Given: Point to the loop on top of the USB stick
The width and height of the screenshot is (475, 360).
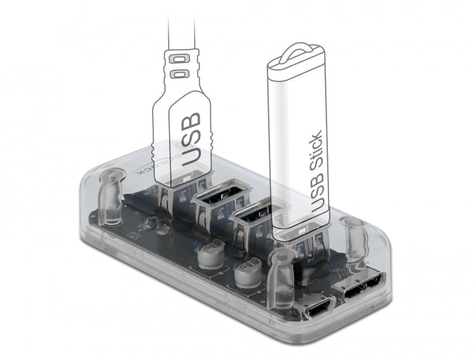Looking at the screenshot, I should tap(297, 51).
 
